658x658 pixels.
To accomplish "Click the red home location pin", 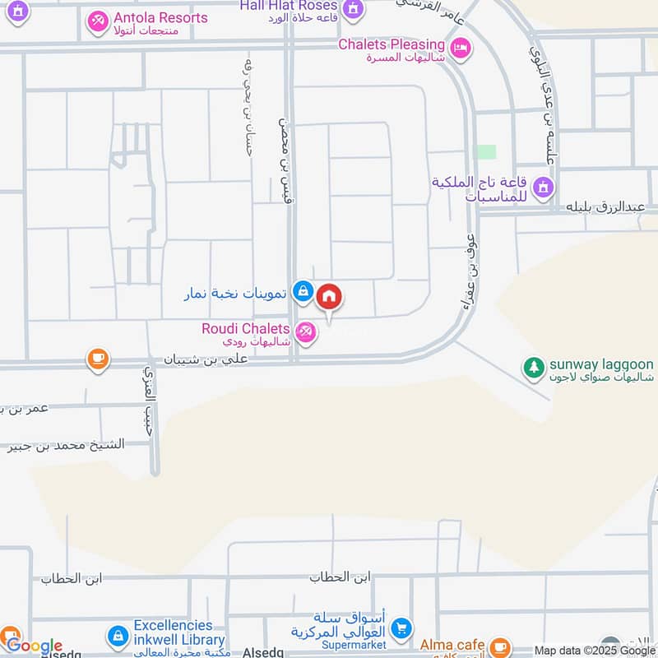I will [x=329, y=297].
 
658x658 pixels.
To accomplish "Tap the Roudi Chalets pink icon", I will [x=305, y=332].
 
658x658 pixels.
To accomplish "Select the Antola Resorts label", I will [x=160, y=17].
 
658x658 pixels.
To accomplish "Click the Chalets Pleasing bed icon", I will [x=461, y=49].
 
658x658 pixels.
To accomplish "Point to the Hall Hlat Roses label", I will [x=286, y=6].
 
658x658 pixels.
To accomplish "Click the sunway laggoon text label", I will [x=601, y=364].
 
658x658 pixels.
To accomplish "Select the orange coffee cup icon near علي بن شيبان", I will [x=98, y=359].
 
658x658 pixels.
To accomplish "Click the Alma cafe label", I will [x=452, y=645].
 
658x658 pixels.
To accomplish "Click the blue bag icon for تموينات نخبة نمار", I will [x=304, y=290].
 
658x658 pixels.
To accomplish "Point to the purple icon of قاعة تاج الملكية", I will [x=543, y=188].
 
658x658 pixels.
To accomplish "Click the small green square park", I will [x=487, y=152].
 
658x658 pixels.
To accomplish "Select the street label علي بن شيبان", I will [x=206, y=359].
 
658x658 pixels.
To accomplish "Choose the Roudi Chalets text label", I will [x=245, y=329].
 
